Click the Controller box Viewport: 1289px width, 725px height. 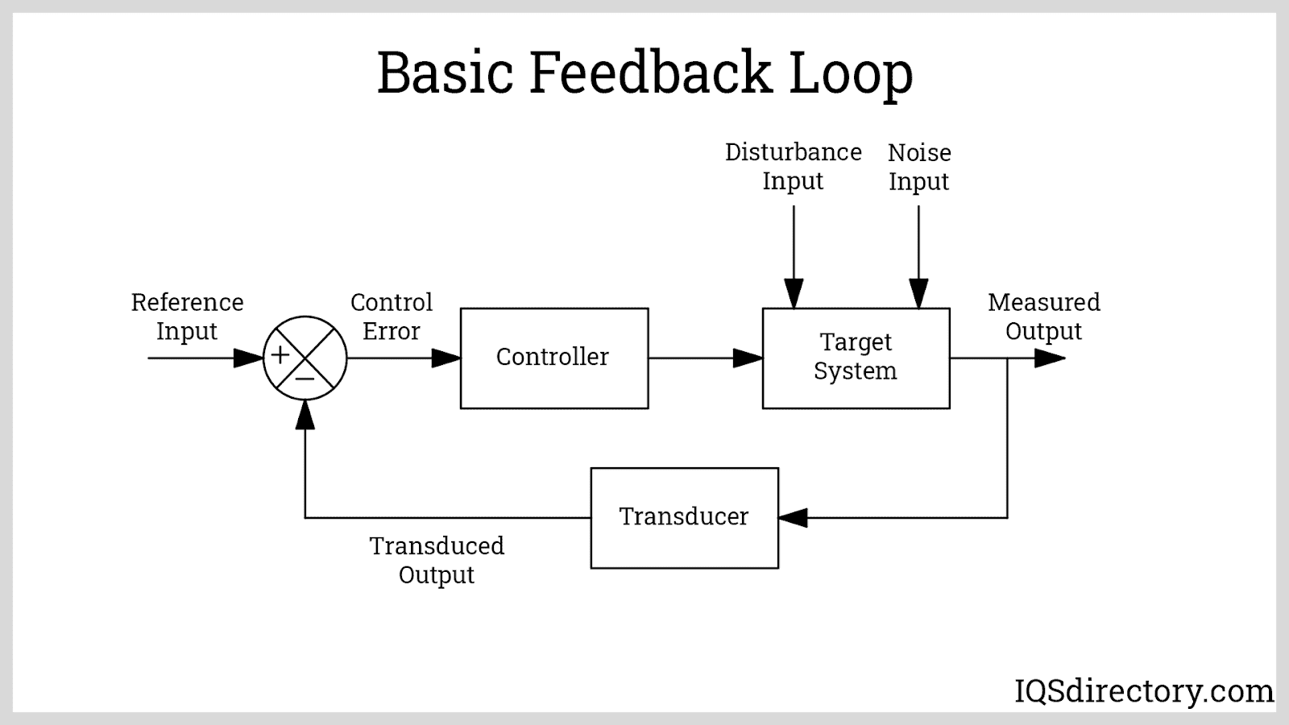coord(553,358)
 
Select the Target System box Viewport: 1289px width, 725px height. coord(856,358)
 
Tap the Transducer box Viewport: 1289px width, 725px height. coord(684,517)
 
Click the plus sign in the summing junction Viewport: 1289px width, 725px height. coord(280,355)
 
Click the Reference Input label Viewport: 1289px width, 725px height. coord(187,317)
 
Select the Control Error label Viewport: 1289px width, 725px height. coord(392,317)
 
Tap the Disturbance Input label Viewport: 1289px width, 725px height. coord(794,167)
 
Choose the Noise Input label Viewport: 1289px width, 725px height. coord(919,167)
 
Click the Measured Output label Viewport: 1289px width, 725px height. coord(1044,317)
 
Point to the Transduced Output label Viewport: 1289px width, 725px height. coord(437,561)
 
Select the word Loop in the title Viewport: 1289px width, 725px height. coord(851,72)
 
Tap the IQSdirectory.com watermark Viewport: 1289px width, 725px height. coord(1144,691)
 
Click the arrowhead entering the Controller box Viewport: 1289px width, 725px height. coord(446,358)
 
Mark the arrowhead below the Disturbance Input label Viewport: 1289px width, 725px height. coord(794,294)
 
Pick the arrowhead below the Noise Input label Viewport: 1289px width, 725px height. coord(918,294)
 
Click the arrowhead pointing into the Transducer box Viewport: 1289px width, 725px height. coord(794,517)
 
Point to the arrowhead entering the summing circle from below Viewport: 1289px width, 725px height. coord(305,414)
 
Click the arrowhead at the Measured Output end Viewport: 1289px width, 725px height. coord(1050,358)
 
